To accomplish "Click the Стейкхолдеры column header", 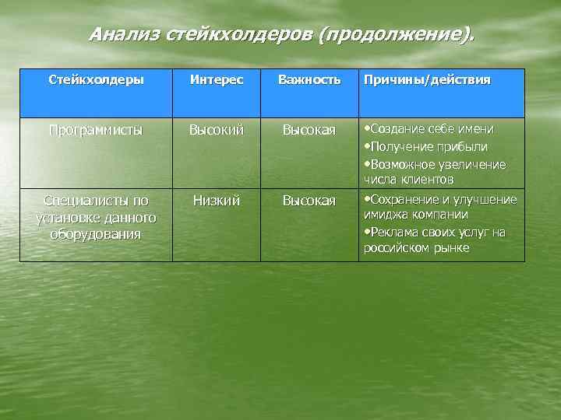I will pyautogui.click(x=96, y=80).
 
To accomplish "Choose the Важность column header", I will pyautogui.click(x=309, y=80).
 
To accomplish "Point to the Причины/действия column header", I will pyautogui.click(x=426, y=80).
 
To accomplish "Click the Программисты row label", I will pyautogui.click(x=96, y=130).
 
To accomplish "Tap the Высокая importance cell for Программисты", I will pyautogui.click(x=309, y=130).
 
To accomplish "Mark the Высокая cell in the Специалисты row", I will pyautogui.click(x=309, y=201).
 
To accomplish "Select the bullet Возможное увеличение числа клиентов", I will pyautogui.click(x=436, y=172).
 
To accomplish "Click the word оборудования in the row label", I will pyautogui.click(x=96, y=234).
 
